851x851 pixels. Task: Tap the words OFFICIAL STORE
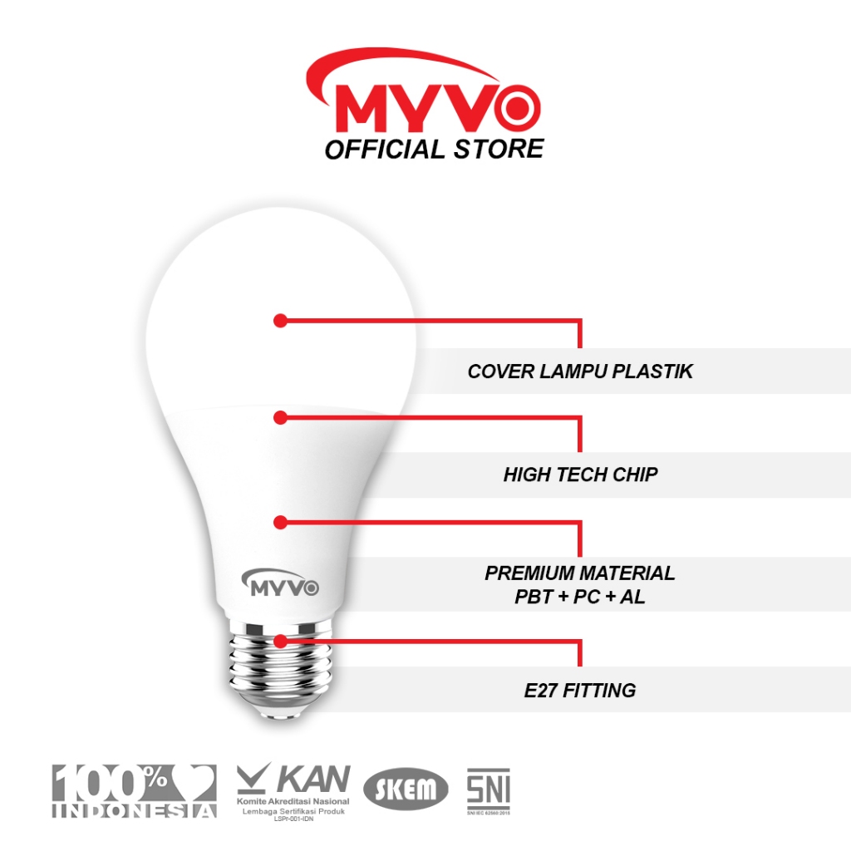tap(434, 150)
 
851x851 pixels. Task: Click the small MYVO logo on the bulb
tap(283, 584)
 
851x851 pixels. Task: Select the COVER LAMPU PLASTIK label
tap(580, 371)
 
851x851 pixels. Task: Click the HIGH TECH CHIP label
tap(580, 475)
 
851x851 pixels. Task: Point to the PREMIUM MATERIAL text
tap(580, 573)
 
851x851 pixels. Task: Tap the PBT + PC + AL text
tap(580, 596)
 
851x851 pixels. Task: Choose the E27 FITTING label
tap(580, 690)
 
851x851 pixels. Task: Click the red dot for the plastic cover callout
tap(280, 320)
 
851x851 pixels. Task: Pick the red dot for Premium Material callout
tap(280, 522)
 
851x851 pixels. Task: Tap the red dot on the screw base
tap(280, 641)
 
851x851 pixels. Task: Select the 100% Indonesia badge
tap(135, 790)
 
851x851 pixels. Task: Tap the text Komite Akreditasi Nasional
tap(293, 799)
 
